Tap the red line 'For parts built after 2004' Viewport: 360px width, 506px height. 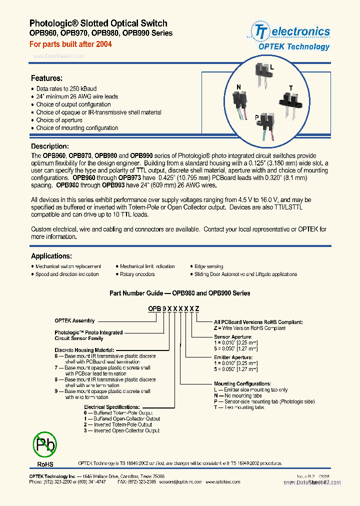(x=70, y=44)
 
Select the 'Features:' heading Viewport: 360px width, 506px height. (x=46, y=78)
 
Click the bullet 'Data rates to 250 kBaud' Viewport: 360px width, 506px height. (x=66, y=88)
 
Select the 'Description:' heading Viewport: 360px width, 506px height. (x=49, y=146)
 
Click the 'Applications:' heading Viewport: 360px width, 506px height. (x=51, y=255)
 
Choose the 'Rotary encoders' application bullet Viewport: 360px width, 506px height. (x=137, y=274)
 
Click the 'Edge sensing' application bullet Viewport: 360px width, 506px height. (x=208, y=266)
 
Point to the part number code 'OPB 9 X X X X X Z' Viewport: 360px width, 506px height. (x=173, y=309)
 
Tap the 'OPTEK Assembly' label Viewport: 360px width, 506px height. (x=74, y=320)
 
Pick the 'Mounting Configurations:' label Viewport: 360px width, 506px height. (x=242, y=383)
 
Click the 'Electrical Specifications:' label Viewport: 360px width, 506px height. (x=111, y=407)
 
